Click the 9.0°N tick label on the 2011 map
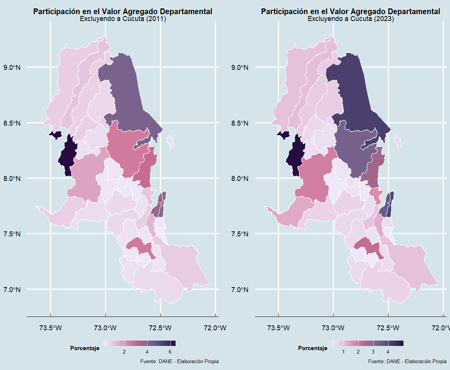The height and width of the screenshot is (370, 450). click(12, 68)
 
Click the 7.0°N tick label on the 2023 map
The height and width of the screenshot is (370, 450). click(240, 290)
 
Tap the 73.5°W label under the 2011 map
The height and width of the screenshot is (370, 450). click(50, 328)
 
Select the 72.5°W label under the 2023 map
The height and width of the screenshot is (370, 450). click(388, 328)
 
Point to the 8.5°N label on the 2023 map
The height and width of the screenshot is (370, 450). click(240, 123)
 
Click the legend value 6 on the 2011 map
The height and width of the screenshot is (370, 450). click(170, 352)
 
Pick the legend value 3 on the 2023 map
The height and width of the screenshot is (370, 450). click(373, 352)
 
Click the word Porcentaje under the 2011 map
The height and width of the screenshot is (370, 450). click(85, 348)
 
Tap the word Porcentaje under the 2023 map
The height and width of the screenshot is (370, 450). click(313, 348)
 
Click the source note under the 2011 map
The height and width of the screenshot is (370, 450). click(179, 361)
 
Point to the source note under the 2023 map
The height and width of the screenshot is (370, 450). click(407, 361)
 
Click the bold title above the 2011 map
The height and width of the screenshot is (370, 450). click(123, 11)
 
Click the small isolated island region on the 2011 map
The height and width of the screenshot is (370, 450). click(170, 142)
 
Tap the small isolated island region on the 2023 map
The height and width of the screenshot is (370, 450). click(398, 142)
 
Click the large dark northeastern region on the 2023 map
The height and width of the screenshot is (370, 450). click(356, 95)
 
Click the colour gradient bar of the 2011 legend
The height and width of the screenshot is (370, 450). click(139, 343)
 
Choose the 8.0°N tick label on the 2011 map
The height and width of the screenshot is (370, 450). click(12, 179)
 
